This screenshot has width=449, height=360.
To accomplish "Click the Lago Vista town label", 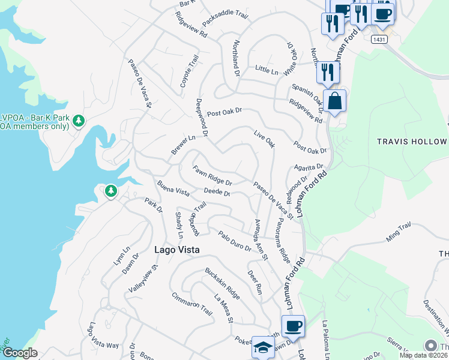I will pos(176,250).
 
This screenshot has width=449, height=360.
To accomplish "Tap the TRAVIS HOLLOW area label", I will pos(411,142).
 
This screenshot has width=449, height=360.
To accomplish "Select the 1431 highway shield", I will pos(379,39).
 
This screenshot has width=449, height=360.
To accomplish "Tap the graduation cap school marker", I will pos(263,347).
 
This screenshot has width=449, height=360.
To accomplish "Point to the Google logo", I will pos(20,353).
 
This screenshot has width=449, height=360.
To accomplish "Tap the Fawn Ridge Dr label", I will pos(212,175).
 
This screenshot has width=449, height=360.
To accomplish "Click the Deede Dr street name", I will pos(217,193).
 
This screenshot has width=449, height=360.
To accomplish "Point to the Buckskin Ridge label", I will pos(222,284).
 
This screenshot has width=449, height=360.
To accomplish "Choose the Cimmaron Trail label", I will pos(192,304).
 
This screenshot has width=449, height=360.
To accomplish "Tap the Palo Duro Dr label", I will pos(235,241).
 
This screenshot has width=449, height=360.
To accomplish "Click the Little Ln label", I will pos(267,71).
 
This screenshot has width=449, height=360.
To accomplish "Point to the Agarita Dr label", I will pos(309,167).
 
